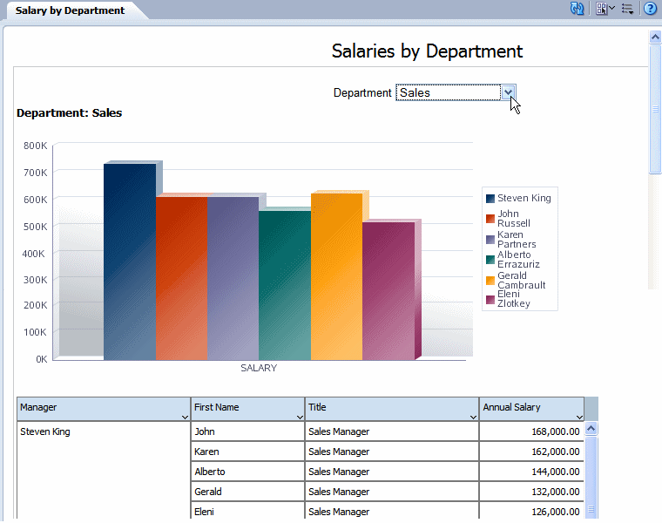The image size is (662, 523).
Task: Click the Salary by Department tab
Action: click(x=70, y=10)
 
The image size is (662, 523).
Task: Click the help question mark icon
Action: click(x=650, y=9)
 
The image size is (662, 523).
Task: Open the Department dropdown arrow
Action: click(x=509, y=92)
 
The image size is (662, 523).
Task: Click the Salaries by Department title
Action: click(x=427, y=51)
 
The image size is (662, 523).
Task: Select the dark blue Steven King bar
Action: click(x=130, y=261)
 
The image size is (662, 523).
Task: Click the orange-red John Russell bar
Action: click(x=181, y=279)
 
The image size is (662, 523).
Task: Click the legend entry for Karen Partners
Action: click(x=516, y=239)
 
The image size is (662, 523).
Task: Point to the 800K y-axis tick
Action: click(x=35, y=146)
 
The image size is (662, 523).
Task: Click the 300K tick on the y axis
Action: click(x=35, y=279)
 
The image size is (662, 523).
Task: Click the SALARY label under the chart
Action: click(x=259, y=368)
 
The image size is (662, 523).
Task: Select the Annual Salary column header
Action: click(x=531, y=408)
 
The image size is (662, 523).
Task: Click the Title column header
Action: click(x=392, y=408)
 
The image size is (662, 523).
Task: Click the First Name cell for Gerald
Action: click(x=247, y=492)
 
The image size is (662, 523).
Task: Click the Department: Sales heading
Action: click(x=70, y=113)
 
